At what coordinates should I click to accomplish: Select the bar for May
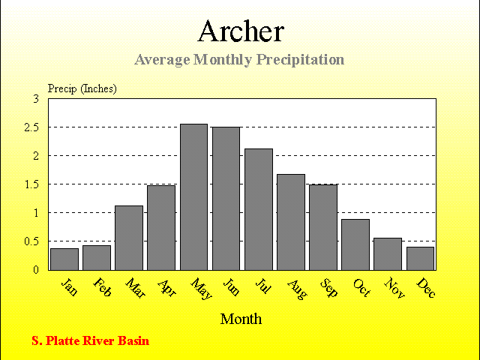pyautogui.click(x=193, y=197)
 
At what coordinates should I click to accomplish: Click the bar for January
pyautogui.click(x=64, y=259)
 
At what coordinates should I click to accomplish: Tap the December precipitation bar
pyautogui.click(x=420, y=259)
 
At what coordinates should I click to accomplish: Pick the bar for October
pyautogui.click(x=355, y=244)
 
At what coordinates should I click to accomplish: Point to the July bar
pyautogui.click(x=259, y=209)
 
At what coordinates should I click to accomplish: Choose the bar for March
pyautogui.click(x=129, y=238)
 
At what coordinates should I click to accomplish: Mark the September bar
pyautogui.click(x=323, y=227)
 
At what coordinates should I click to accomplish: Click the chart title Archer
pyautogui.click(x=241, y=31)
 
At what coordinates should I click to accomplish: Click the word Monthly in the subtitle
pyautogui.click(x=223, y=59)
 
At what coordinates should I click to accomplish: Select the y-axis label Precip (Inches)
pyautogui.click(x=82, y=88)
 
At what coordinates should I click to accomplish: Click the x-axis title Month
pyautogui.click(x=241, y=319)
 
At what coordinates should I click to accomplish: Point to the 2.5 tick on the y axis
pyautogui.click(x=31, y=127)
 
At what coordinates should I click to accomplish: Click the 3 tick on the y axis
pyautogui.click(x=36, y=99)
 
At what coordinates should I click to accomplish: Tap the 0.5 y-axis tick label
pyautogui.click(x=31, y=241)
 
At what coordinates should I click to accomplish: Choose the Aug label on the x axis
pyautogui.click(x=297, y=289)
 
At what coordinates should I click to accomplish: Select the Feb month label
pyautogui.click(x=102, y=287)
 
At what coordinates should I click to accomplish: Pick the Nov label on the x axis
pyautogui.click(x=394, y=288)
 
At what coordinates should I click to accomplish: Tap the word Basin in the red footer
pyautogui.click(x=133, y=340)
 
